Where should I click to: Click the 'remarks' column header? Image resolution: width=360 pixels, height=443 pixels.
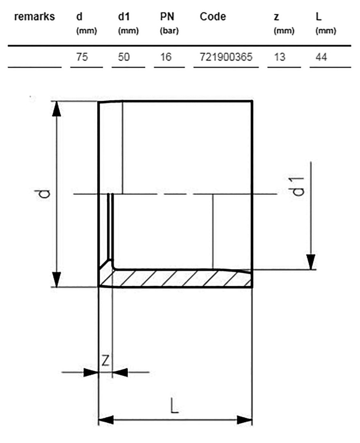34,17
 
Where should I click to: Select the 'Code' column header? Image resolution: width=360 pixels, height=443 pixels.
213,17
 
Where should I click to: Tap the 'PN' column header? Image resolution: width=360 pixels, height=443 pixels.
167,17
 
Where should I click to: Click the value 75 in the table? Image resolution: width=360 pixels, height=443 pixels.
82,57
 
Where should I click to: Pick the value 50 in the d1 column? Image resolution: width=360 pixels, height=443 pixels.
124,57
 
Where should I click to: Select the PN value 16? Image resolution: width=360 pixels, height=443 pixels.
166,57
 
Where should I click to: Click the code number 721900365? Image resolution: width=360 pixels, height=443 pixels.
226,57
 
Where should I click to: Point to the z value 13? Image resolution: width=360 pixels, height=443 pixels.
280,57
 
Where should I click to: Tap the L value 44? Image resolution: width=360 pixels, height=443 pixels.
321,57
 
